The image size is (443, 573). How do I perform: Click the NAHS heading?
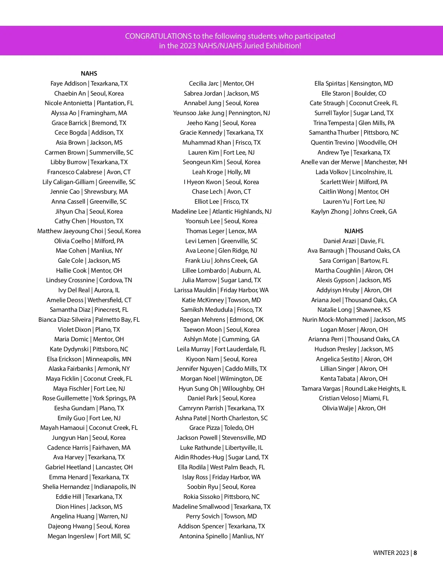[89, 73]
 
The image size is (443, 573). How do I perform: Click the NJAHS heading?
[354, 231]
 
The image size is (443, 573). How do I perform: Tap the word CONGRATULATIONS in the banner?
[158, 36]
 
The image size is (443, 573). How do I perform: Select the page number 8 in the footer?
[415, 553]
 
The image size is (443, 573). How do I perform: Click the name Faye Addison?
[68, 83]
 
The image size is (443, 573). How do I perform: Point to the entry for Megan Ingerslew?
[89, 536]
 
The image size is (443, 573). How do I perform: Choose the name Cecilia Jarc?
[204, 83]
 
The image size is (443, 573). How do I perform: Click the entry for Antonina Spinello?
[221, 536]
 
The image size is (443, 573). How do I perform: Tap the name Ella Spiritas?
[330, 83]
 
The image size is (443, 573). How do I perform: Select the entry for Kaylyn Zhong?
[354, 211]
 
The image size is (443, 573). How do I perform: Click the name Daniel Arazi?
[340, 241]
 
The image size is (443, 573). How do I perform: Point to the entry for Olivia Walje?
[354, 408]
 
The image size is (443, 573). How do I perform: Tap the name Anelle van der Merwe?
[330, 162]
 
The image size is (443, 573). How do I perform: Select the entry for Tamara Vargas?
[354, 389]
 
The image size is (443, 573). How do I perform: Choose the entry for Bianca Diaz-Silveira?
[89, 320]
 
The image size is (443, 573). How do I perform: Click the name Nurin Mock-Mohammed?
[335, 320]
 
